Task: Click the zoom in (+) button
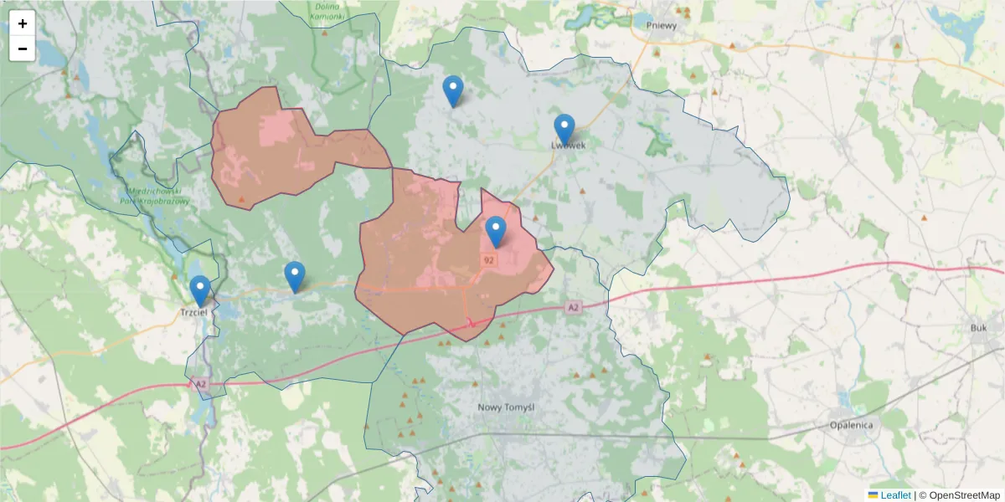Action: click(23, 23)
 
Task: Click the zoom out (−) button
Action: click(23, 49)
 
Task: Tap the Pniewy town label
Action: click(662, 25)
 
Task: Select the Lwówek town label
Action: click(568, 145)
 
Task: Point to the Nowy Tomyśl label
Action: click(506, 407)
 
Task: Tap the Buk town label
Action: click(978, 328)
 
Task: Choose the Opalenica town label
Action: click(851, 425)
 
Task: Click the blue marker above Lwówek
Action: click(564, 128)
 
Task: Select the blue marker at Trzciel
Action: click(199, 289)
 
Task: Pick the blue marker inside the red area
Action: click(496, 231)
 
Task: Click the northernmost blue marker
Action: click(452, 90)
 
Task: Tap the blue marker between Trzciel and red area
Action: click(294, 276)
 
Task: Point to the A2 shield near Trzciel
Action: click(199, 384)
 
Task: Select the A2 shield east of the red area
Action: click(573, 308)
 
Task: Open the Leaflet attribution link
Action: click(895, 495)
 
